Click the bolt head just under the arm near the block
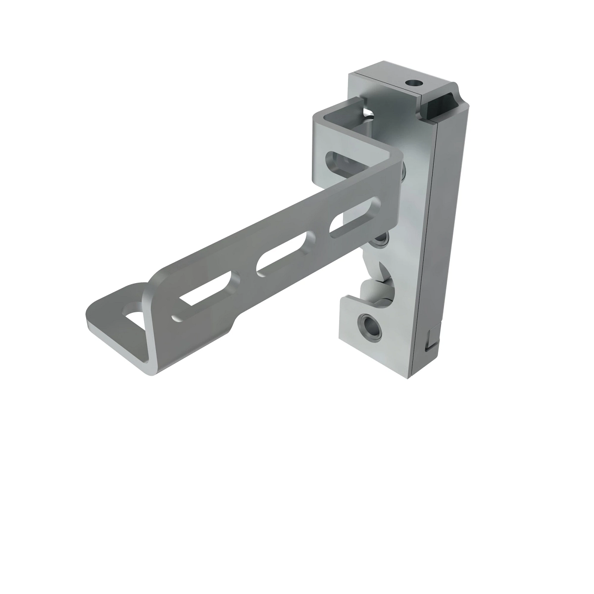[381, 240]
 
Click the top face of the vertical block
[391, 74]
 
